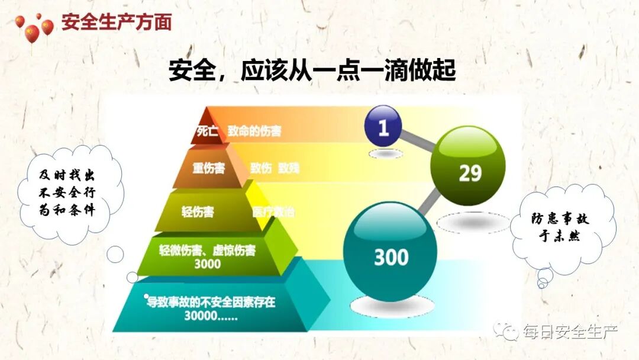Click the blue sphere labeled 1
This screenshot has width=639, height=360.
point(383,126)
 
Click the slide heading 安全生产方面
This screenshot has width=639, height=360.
point(117,22)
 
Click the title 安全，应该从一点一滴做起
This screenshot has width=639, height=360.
point(312,70)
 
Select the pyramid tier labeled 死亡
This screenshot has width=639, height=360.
point(207,131)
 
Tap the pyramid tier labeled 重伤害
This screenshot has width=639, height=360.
point(208,168)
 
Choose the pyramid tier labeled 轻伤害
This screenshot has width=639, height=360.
point(198,212)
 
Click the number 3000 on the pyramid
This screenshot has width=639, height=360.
point(207,264)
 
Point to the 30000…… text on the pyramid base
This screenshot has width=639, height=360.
point(211,316)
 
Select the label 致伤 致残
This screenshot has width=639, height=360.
point(274,168)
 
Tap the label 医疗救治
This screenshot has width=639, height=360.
point(273,211)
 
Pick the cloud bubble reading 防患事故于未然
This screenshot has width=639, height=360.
point(559,228)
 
